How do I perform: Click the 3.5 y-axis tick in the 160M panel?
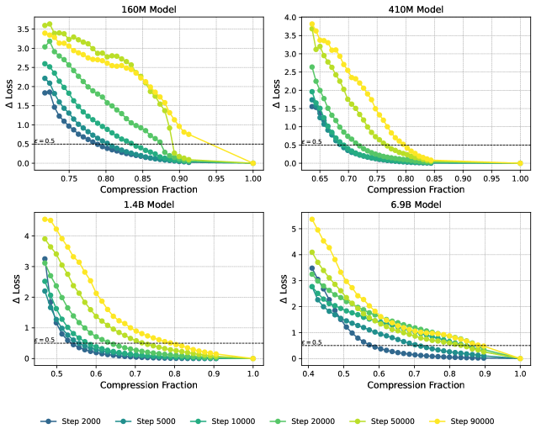24,29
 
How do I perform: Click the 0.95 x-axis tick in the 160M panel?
216,178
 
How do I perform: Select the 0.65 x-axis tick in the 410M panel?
319,178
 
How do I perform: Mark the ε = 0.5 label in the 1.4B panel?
45,340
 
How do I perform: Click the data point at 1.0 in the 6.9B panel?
520,358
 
